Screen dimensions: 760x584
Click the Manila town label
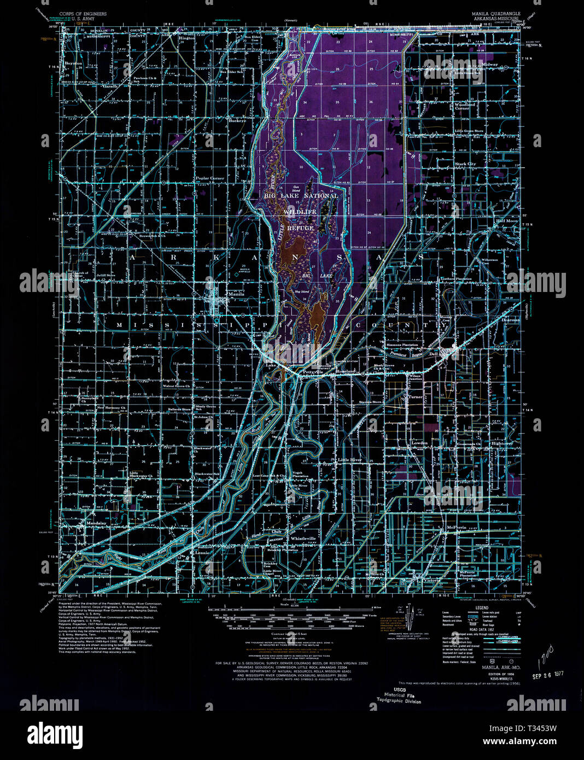(x=237, y=294)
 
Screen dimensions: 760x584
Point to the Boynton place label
(x=73, y=63)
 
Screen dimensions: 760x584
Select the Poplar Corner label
(x=211, y=178)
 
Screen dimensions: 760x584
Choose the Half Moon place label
(x=507, y=221)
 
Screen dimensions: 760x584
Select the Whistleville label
(x=303, y=539)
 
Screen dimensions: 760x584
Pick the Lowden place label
(x=419, y=443)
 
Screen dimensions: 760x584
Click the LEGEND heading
(x=482, y=608)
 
